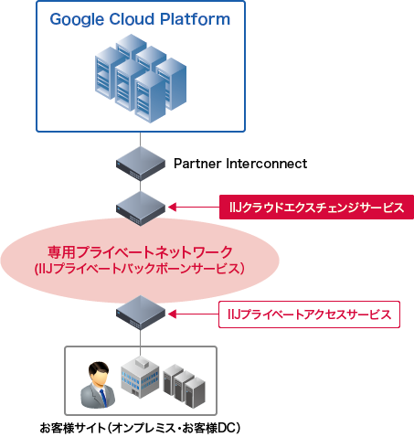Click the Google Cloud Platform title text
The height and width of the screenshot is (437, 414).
(x=140, y=19)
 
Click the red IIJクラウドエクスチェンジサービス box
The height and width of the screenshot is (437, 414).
(x=316, y=208)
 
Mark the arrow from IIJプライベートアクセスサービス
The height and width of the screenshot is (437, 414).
(x=194, y=315)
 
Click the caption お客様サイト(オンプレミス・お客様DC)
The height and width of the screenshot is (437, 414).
(x=139, y=427)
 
